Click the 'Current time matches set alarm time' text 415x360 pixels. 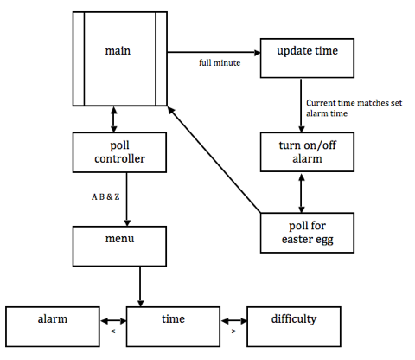tap(345, 108)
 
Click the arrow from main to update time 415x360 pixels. tap(216, 51)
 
